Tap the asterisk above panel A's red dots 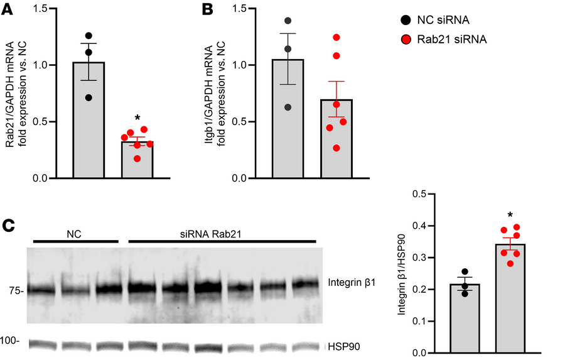tap(137, 119)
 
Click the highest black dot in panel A tap(89, 36)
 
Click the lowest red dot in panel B tap(337, 148)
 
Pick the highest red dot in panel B tap(337, 37)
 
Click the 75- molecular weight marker tap(16, 291)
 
